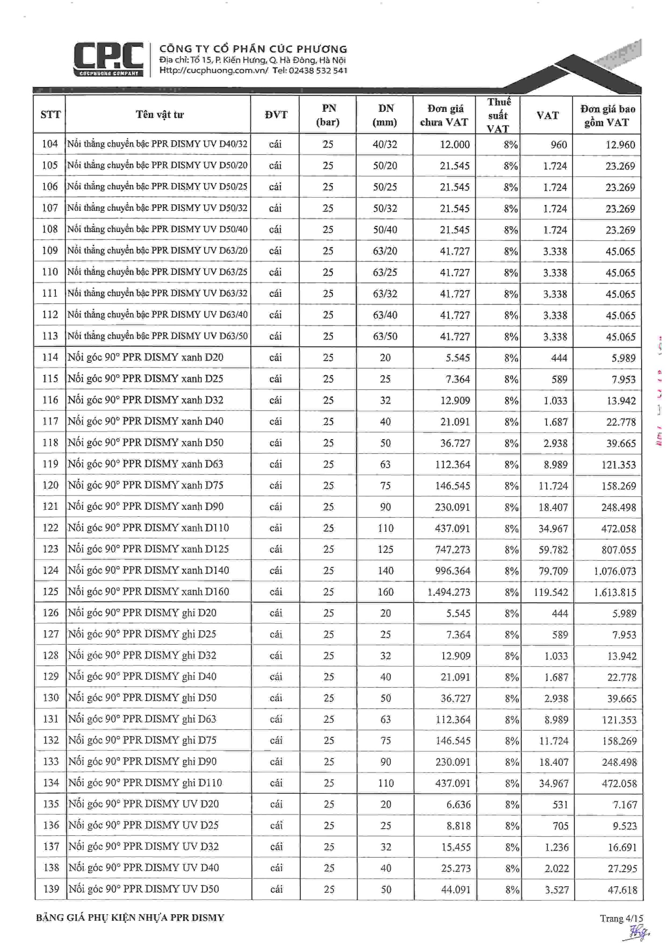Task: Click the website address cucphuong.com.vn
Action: pyautogui.click(x=213, y=70)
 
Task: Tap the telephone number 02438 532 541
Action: pyautogui.click(x=318, y=70)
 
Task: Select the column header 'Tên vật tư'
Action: pyautogui.click(x=160, y=115)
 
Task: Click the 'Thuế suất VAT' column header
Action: pyautogui.click(x=499, y=115)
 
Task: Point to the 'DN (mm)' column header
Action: pyautogui.click(x=385, y=115)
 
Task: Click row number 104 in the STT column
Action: pyautogui.click(x=50, y=144)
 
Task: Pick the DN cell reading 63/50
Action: pyautogui.click(x=385, y=336)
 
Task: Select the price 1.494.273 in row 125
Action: pyautogui.click(x=449, y=592)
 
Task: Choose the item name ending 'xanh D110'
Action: pyautogui.click(x=148, y=528)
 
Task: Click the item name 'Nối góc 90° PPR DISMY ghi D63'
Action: pyautogui.click(x=142, y=719)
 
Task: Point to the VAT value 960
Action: pyautogui.click(x=559, y=144)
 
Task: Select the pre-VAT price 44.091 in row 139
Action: pyautogui.click(x=456, y=889)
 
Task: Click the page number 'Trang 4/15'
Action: pyautogui.click(x=621, y=918)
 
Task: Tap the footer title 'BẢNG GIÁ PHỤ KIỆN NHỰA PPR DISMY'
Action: pyautogui.click(x=130, y=918)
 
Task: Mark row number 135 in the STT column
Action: pyautogui.click(x=51, y=804)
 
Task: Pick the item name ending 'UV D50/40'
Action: pyautogui.click(x=157, y=229)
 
